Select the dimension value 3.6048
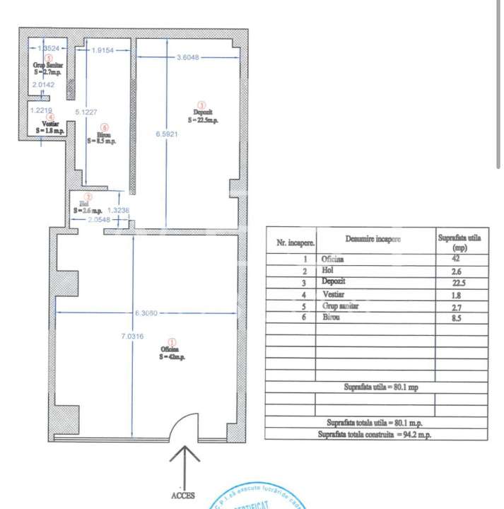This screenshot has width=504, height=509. (x=192, y=58)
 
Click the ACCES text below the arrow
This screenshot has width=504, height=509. (x=182, y=496)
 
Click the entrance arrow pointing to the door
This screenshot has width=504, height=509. (x=183, y=463)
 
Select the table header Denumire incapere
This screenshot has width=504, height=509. (x=376, y=239)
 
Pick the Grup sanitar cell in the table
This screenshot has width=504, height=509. (x=340, y=306)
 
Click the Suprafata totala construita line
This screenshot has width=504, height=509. (x=375, y=434)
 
